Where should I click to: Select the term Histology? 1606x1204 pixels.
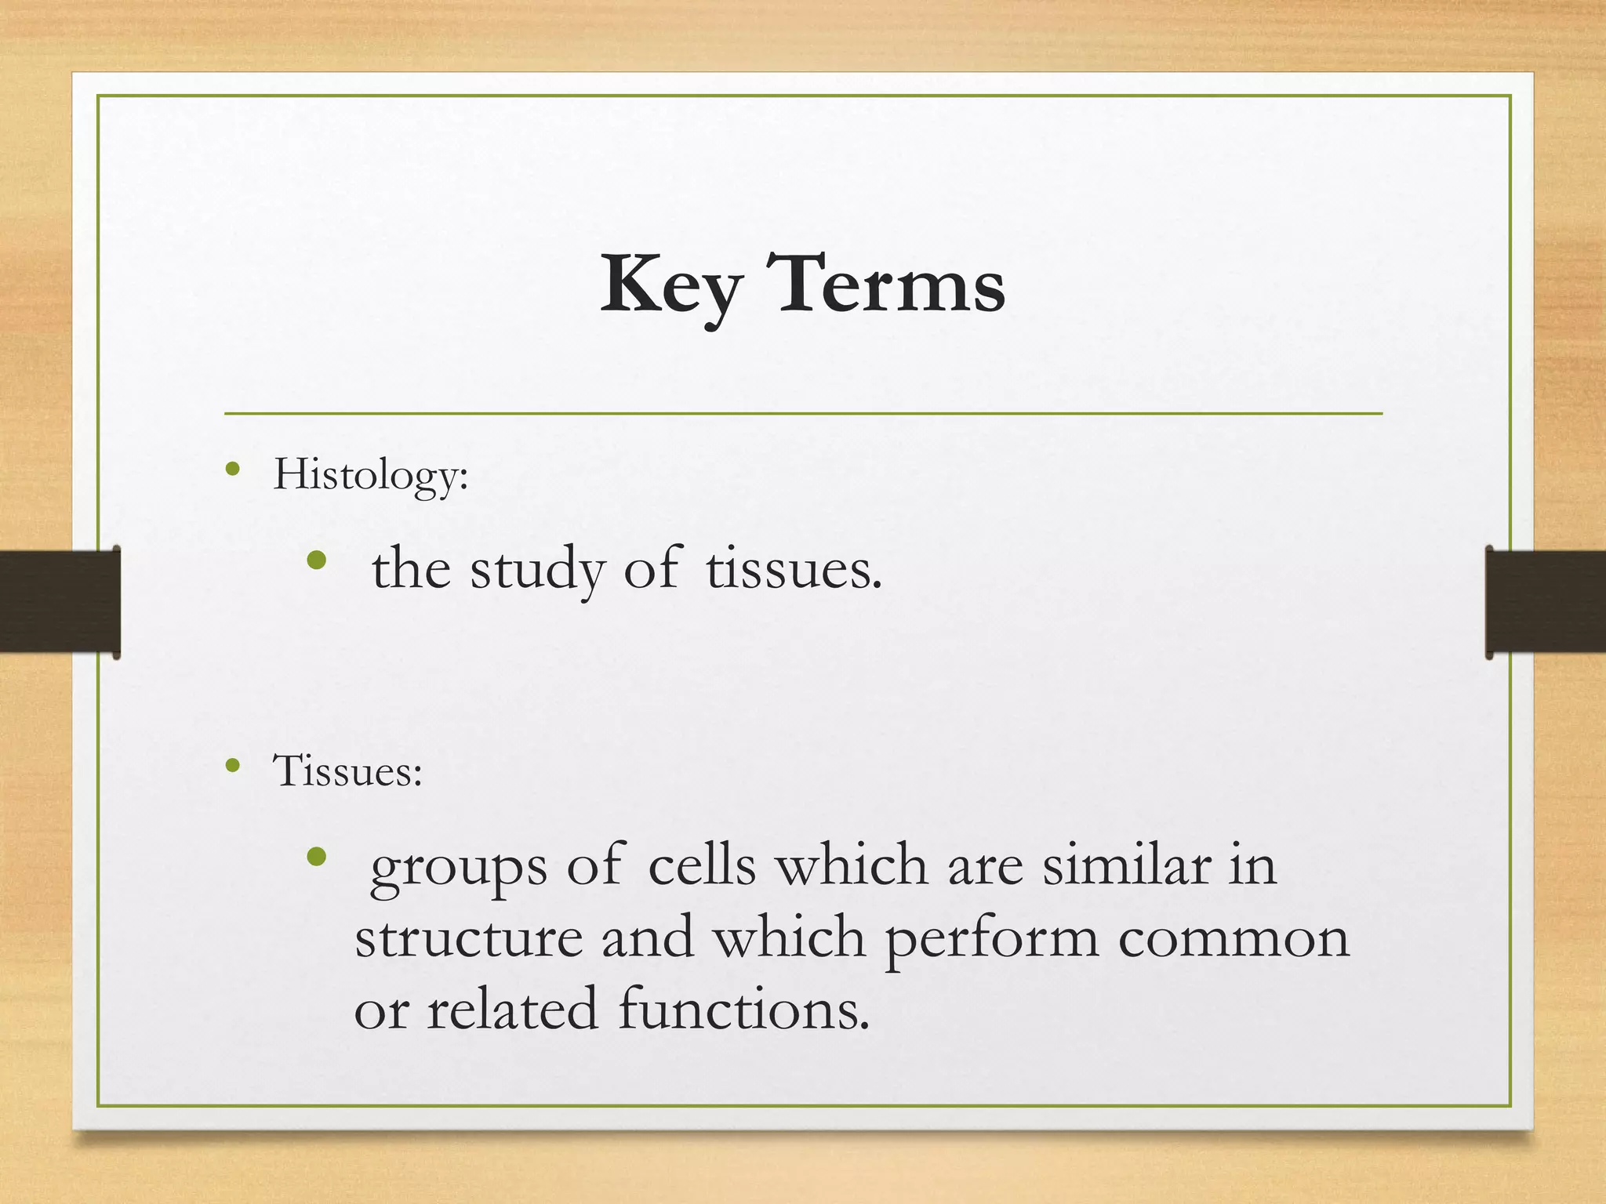tap(370, 475)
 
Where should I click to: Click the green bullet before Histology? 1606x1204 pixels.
tap(232, 470)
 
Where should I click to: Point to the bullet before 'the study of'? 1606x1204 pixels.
tap(317, 560)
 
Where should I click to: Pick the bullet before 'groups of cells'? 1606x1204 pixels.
tap(317, 857)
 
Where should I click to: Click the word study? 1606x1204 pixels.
tap(537, 570)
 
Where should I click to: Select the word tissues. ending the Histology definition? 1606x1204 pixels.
tap(794, 570)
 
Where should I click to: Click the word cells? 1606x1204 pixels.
tap(702, 866)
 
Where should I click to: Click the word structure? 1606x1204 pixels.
tap(469, 938)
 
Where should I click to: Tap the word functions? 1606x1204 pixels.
tap(743, 1010)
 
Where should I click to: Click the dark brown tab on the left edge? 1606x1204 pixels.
tap(60, 602)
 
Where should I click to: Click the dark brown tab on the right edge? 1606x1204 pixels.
tap(1545, 602)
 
